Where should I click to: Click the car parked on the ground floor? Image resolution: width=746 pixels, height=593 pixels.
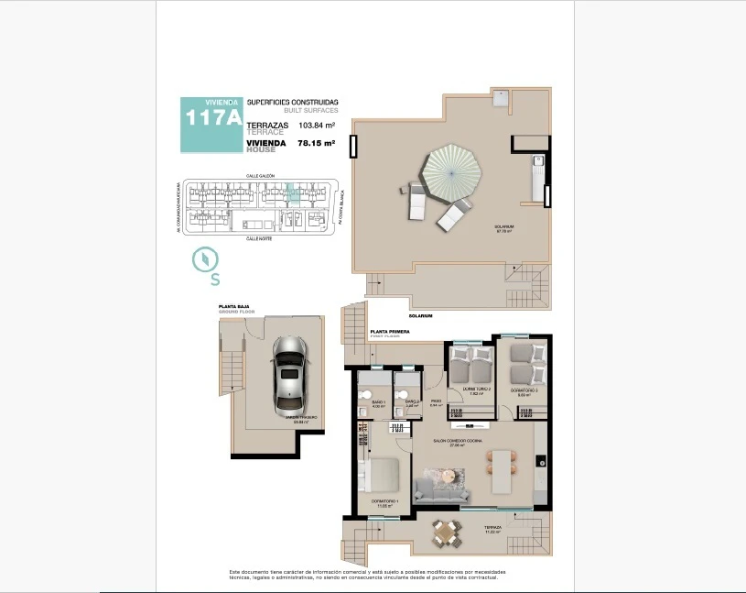coord(289,373)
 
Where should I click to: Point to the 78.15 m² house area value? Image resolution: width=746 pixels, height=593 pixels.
coord(317,143)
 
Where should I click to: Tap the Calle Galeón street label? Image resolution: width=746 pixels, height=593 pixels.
coord(260,174)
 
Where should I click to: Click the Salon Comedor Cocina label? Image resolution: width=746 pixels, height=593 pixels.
coord(458,440)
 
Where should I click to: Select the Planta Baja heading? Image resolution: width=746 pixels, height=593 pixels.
coord(233,307)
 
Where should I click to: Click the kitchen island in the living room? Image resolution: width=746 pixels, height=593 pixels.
coord(501,472)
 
